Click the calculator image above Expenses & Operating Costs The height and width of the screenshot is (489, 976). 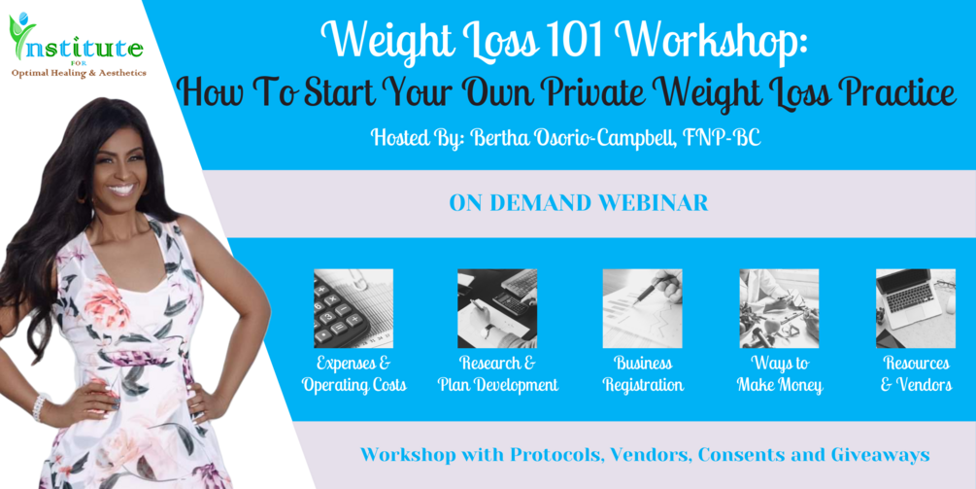tap(353, 308)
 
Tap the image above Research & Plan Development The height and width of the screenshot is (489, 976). tap(497, 308)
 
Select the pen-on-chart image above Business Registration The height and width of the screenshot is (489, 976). tap(642, 308)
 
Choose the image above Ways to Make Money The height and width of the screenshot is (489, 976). tap(779, 308)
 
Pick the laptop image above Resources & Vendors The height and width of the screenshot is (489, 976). tap(916, 308)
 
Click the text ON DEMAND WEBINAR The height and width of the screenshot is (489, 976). tap(579, 203)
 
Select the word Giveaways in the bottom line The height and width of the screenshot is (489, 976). tap(880, 455)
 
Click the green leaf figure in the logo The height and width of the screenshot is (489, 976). tap(22, 35)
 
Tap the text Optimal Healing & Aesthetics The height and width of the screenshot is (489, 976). tap(79, 73)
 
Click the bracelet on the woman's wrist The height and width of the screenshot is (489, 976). tap(40, 406)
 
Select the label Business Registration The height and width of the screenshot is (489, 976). tap(643, 373)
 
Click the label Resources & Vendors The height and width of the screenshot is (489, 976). tap(916, 373)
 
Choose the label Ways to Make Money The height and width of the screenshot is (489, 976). tap(780, 373)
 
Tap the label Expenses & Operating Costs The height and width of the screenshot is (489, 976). tap(354, 373)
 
